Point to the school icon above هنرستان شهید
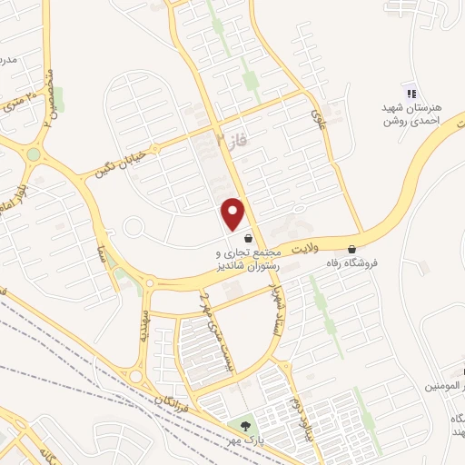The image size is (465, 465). click(x=410, y=93)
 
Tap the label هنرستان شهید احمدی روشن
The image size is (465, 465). click(x=410, y=114)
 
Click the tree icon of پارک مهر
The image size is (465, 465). click(x=242, y=424)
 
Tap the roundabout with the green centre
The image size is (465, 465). click(x=34, y=154)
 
